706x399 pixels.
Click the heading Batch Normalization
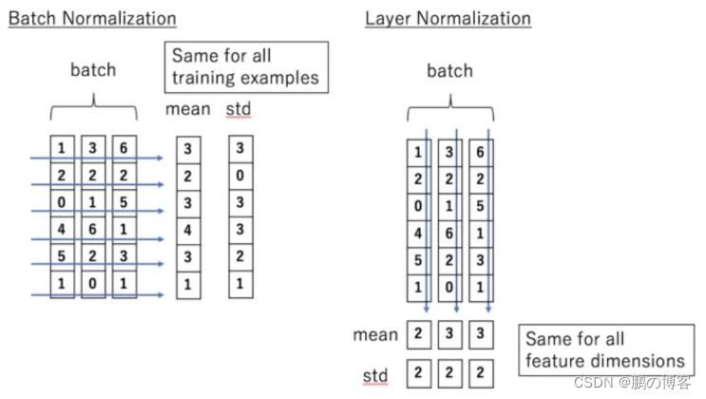pyautogui.click(x=92, y=18)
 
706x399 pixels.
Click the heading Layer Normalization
pyautogui.click(x=448, y=18)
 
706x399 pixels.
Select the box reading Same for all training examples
pyautogui.click(x=246, y=66)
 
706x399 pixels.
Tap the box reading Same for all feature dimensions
pyautogui.click(x=605, y=350)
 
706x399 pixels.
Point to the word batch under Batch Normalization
pyautogui.click(x=93, y=69)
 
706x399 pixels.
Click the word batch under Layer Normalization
pyautogui.click(x=449, y=71)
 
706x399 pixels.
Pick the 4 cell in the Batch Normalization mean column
pyautogui.click(x=188, y=230)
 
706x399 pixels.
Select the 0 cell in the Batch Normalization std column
pyautogui.click(x=240, y=177)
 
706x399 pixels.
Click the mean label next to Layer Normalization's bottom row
pyautogui.click(x=375, y=334)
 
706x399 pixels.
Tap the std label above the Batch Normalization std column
pyautogui.click(x=239, y=109)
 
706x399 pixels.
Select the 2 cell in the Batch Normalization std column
pyautogui.click(x=240, y=257)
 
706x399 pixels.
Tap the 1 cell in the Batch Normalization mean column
pyautogui.click(x=188, y=284)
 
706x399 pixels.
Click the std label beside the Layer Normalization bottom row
pyautogui.click(x=375, y=376)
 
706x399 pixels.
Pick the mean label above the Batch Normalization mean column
pyautogui.click(x=187, y=109)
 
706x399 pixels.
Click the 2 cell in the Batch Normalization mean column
pyautogui.click(x=188, y=177)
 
